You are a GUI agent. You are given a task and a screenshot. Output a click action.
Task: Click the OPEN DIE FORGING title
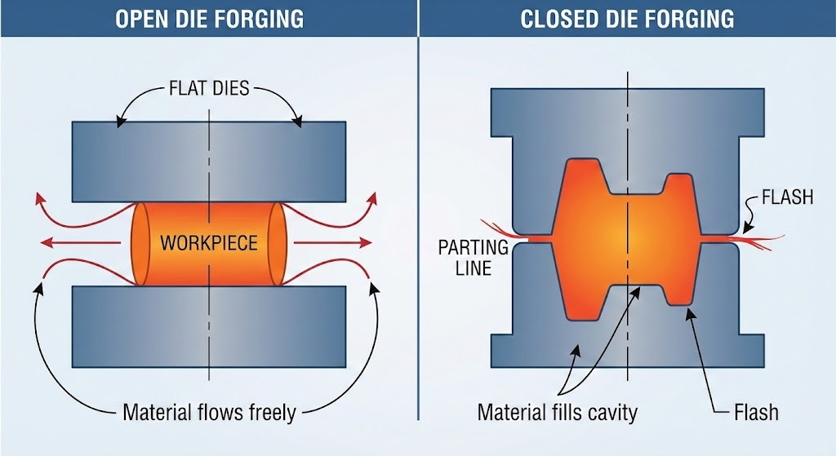pos(209,18)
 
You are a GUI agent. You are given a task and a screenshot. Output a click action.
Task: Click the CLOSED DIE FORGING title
pos(627,18)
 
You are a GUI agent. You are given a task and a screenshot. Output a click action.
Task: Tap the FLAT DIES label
pos(209,86)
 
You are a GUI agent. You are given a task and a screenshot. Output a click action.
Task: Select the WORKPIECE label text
pos(209,242)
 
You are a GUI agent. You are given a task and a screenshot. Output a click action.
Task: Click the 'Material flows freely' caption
pos(209,412)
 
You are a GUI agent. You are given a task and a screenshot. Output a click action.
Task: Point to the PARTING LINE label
pos(474,256)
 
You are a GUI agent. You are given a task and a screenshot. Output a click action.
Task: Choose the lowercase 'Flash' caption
pos(755,412)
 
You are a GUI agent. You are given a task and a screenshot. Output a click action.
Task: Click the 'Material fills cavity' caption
pos(557,412)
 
